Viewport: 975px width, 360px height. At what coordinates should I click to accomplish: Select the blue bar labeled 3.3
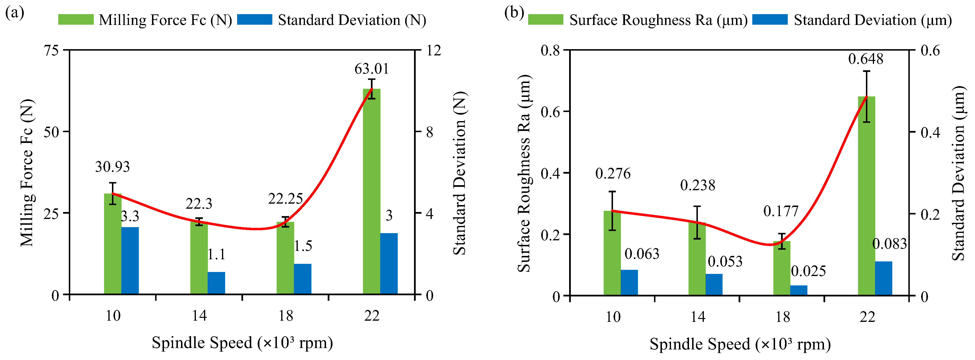130,260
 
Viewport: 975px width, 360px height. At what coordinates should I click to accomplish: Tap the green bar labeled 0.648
866,196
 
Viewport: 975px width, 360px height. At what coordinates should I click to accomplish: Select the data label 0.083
889,244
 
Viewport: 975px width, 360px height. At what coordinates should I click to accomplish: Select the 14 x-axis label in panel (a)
199,315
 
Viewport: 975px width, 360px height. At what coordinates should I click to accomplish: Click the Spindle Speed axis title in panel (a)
242,342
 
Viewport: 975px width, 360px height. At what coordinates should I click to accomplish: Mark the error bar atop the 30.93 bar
113,194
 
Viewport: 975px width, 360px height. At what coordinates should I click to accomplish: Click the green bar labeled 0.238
697,259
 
